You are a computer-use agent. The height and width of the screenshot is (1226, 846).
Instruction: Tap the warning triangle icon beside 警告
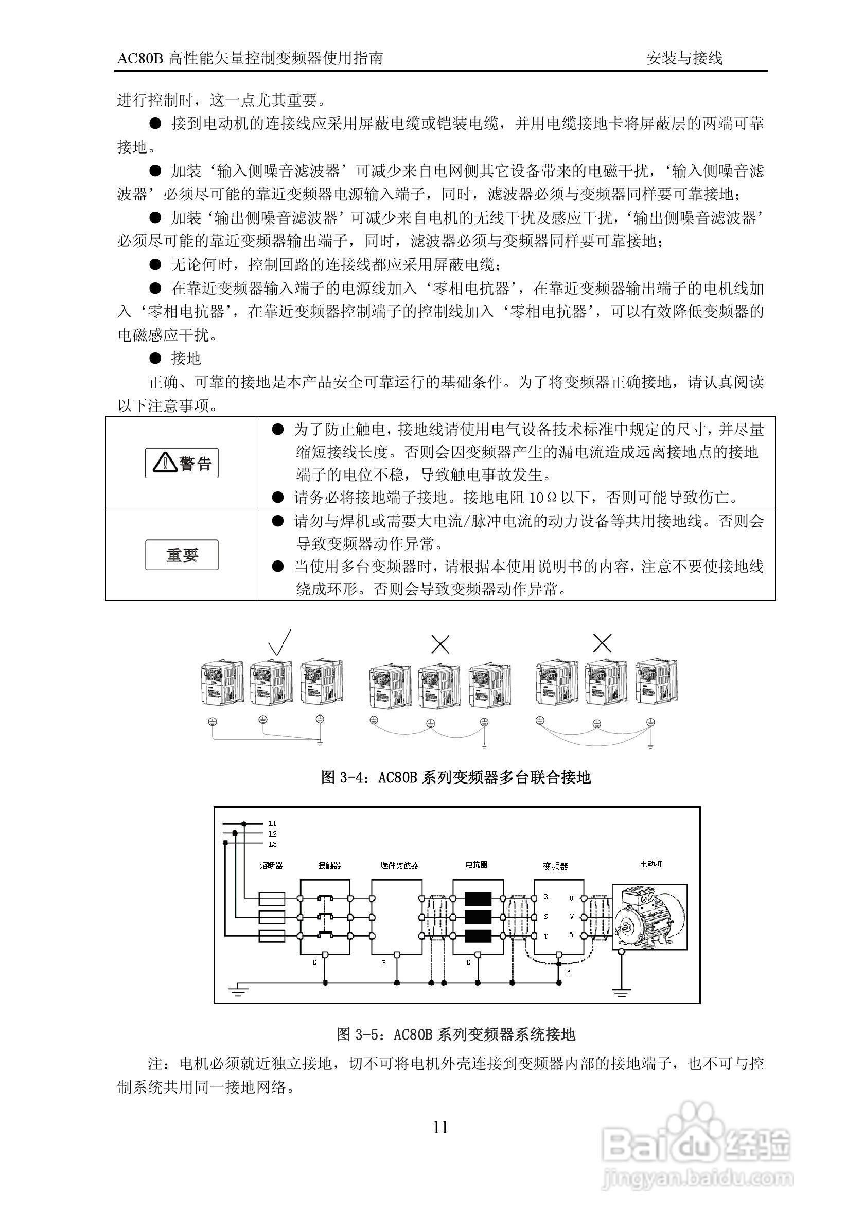(x=165, y=463)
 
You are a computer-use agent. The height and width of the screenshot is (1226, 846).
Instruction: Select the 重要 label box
(x=182, y=555)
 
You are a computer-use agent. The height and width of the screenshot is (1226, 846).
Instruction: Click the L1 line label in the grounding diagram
(x=272, y=823)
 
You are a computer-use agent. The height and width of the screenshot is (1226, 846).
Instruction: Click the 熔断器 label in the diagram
(x=271, y=865)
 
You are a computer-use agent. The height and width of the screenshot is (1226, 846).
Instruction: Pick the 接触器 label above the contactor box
(x=329, y=865)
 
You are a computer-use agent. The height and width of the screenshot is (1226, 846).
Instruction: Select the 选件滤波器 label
(x=399, y=865)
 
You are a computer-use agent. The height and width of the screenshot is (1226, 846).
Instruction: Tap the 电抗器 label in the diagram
(x=477, y=865)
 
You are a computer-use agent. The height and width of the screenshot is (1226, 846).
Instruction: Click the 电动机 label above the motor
(x=651, y=864)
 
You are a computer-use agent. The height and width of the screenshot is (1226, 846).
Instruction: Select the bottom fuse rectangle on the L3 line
(x=271, y=936)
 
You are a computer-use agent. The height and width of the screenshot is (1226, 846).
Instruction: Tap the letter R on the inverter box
(x=546, y=896)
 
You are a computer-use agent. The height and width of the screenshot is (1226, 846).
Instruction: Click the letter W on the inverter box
(x=571, y=935)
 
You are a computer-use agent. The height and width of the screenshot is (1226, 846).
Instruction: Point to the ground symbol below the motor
(x=621, y=990)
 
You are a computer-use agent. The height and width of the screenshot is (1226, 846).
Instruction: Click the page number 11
(x=440, y=1139)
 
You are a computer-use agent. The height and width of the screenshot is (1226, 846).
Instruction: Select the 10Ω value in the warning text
(x=540, y=498)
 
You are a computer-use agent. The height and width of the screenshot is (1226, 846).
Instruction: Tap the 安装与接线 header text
(x=684, y=58)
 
